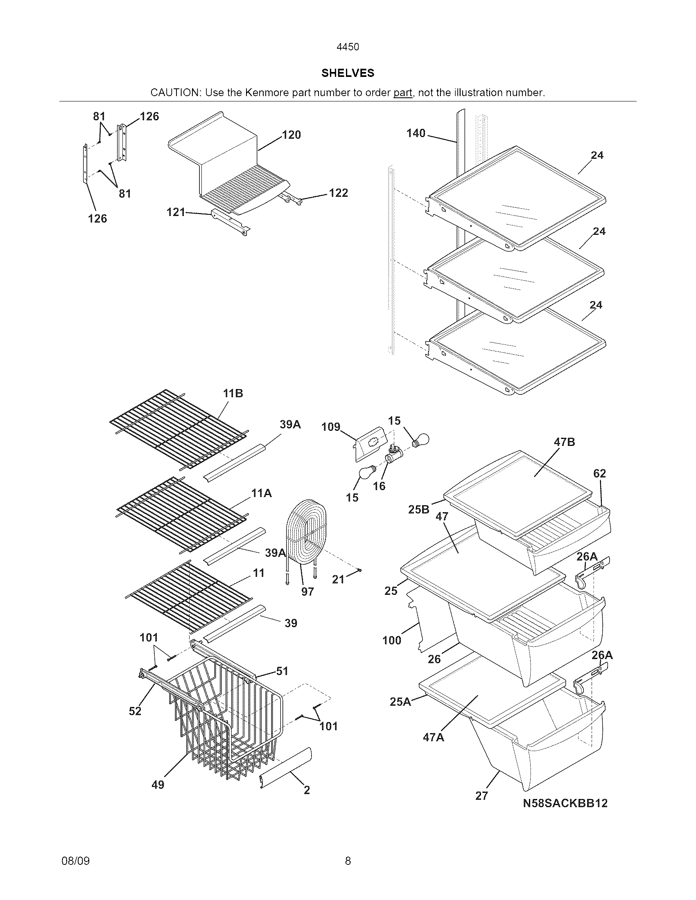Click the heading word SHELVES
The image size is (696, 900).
[348, 73]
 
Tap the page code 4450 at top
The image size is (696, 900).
[348, 47]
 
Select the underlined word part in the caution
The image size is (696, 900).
[402, 93]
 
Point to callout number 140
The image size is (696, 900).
[416, 133]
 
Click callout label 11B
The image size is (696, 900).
[233, 394]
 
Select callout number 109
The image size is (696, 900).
[331, 427]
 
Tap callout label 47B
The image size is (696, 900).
[565, 442]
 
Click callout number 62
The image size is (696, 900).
[599, 473]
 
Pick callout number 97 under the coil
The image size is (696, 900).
[307, 592]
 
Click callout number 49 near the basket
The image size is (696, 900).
[158, 785]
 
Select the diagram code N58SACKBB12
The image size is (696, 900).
[565, 803]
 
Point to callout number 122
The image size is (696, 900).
[338, 193]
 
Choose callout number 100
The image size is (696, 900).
[391, 640]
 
